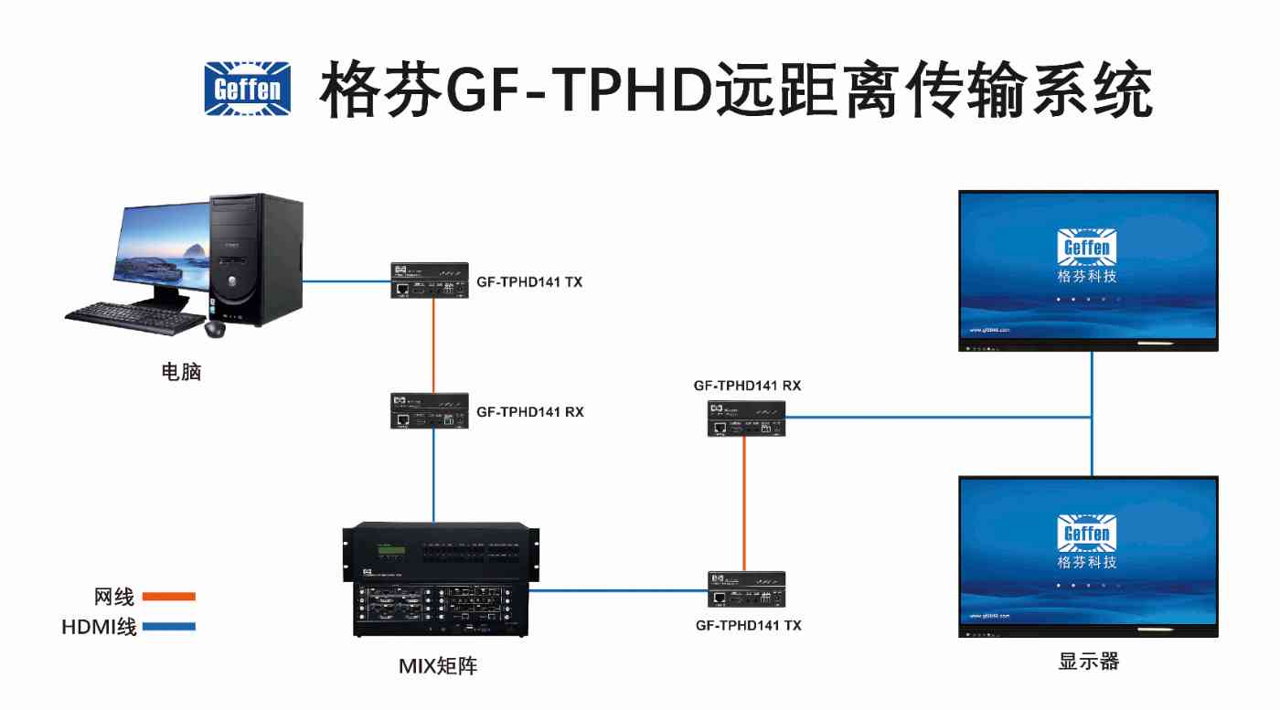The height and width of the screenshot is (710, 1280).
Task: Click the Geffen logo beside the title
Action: pyautogui.click(x=247, y=89)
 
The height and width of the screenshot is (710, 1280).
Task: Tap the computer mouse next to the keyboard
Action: pyautogui.click(x=216, y=329)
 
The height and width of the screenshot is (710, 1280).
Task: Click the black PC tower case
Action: pyautogui.click(x=256, y=260)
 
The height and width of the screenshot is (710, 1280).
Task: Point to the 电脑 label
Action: pyautogui.click(x=180, y=372)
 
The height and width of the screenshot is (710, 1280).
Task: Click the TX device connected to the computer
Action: pyautogui.click(x=430, y=281)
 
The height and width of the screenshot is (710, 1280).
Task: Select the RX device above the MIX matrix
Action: pyautogui.click(x=430, y=411)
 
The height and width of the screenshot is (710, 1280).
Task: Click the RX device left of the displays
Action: pyautogui.click(x=746, y=418)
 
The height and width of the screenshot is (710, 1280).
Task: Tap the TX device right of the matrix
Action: pyautogui.click(x=746, y=589)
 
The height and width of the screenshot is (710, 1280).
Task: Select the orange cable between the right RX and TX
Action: pyautogui.click(x=744, y=503)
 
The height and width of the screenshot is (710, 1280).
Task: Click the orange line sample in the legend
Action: pyautogui.click(x=169, y=597)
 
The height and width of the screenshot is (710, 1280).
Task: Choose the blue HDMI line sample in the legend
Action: pyautogui.click(x=169, y=627)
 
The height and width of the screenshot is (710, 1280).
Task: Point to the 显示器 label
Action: pyautogui.click(x=1088, y=662)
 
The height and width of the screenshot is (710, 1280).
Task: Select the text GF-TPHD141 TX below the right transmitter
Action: pyautogui.click(x=749, y=625)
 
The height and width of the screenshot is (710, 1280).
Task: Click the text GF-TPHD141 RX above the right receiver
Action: pyautogui.click(x=747, y=386)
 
